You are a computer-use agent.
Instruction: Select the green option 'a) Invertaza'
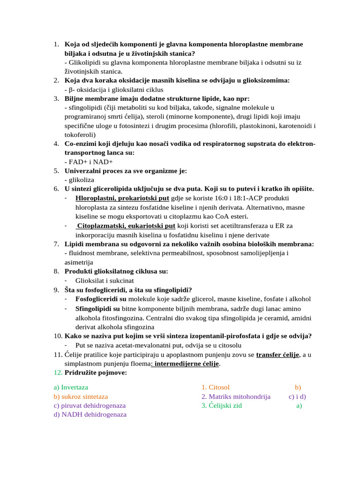pyautogui.click(x=71, y=387)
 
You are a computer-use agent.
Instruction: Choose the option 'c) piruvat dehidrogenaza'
pyautogui.click(x=90, y=405)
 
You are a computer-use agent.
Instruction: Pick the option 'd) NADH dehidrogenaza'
pyautogui.click(x=90, y=414)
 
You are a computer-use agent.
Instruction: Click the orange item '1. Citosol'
pyautogui.click(x=216, y=387)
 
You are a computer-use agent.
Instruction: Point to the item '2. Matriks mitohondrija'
pyautogui.click(x=236, y=397)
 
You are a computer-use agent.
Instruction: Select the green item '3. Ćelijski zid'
pyautogui.click(x=221, y=405)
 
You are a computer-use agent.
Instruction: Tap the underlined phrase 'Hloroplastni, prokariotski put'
pyautogui.click(x=122, y=198)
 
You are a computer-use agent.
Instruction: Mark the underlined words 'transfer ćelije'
pyautogui.click(x=278, y=354)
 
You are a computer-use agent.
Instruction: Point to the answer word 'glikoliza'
pyautogui.click(x=81, y=180)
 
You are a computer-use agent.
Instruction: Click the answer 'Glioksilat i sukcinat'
pyautogui.click(x=101, y=280)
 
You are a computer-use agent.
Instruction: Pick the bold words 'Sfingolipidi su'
pyautogui.click(x=97, y=309)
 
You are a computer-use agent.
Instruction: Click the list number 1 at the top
pyautogui.click(x=56, y=45)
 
